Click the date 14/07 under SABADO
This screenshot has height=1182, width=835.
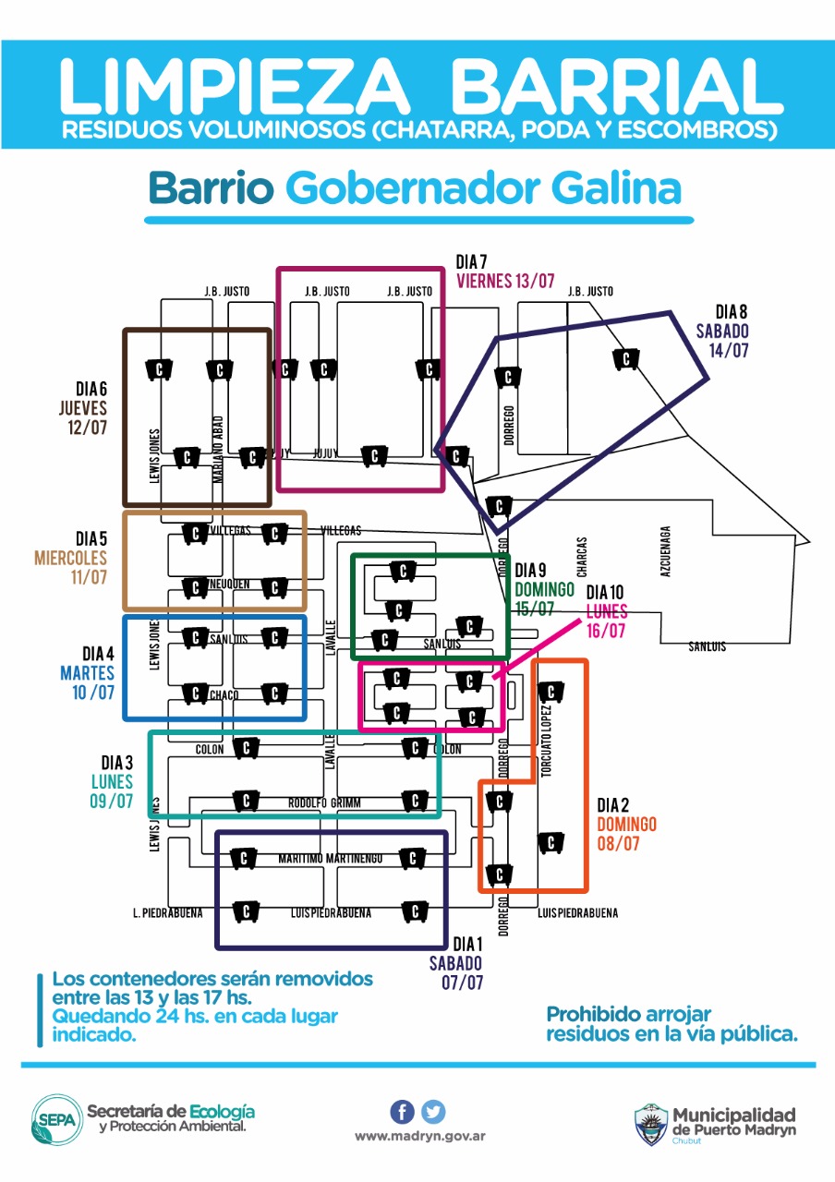(729, 351)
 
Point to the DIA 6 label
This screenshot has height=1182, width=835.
(92, 389)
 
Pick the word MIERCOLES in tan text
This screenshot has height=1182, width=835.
(70, 558)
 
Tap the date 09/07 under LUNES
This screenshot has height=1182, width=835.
(111, 801)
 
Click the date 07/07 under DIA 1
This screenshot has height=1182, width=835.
(462, 983)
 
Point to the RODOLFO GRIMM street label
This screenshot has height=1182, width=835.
(324, 802)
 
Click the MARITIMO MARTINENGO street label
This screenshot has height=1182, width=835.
(330, 859)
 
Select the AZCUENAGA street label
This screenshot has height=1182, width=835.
(665, 552)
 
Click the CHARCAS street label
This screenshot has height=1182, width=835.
(581, 557)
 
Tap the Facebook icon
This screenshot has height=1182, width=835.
(402, 1112)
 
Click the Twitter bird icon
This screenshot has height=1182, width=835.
(433, 1112)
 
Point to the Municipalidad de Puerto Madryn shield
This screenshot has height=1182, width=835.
(651, 1123)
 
